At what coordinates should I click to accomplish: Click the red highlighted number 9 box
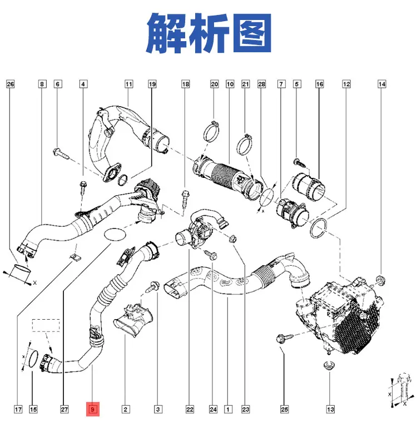(93, 409)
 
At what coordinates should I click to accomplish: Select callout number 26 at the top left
(10, 84)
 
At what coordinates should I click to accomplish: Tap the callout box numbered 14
(382, 84)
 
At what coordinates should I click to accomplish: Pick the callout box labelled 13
(330, 409)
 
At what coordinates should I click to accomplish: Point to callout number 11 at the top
(129, 84)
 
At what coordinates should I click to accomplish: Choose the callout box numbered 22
(190, 409)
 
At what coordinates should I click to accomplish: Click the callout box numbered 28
(262, 84)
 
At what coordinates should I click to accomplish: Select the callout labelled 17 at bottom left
(18, 409)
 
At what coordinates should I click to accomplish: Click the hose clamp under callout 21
(244, 145)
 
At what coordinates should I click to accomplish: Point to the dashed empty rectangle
(46, 325)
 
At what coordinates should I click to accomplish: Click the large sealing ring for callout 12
(319, 228)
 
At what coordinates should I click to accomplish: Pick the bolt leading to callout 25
(285, 338)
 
